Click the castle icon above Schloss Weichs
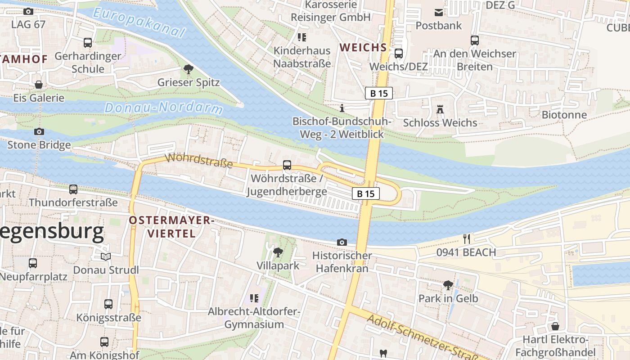coord(440,109)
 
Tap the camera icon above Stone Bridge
coord(39,131)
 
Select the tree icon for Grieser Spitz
coord(188,69)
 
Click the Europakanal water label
coord(139,23)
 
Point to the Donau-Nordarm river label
coord(164,108)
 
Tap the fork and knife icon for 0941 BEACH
coord(467,239)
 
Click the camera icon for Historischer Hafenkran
coord(342,242)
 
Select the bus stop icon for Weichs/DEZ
coord(398,54)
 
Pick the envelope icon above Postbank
coord(438,12)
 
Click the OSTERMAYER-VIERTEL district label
coord(171,226)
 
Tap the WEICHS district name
coord(363,47)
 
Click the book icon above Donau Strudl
coord(106,256)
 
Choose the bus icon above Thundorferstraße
coord(73,189)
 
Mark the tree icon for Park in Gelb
coord(448,285)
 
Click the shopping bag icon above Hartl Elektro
coord(555,326)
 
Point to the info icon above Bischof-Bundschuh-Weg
coord(342,108)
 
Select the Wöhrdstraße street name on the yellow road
coord(199,161)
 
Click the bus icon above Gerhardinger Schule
coord(88,43)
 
